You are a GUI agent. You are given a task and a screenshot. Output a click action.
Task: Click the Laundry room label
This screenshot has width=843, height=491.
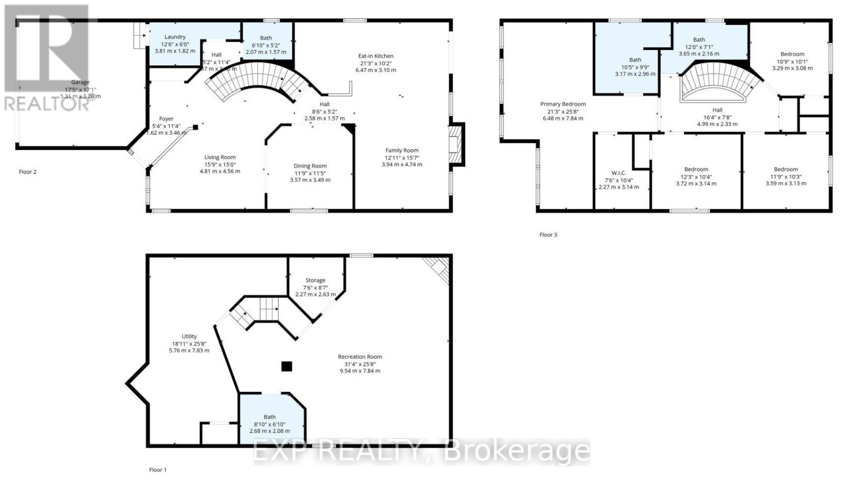(x=174, y=37)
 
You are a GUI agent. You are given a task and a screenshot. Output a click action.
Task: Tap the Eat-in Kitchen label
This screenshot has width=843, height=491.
(x=376, y=56)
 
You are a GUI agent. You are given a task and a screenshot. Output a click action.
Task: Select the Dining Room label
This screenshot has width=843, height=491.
(x=310, y=166)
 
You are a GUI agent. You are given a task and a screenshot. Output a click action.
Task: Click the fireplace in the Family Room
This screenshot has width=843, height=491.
(x=455, y=144)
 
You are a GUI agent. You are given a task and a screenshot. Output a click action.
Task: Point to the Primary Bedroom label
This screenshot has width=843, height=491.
(x=563, y=104)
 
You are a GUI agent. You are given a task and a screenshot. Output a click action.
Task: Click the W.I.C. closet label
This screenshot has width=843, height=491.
(x=619, y=173)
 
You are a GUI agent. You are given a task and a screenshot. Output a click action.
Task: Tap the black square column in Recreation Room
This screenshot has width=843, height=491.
(x=286, y=366)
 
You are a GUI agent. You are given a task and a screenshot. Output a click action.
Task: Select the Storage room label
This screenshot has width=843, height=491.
(x=315, y=280)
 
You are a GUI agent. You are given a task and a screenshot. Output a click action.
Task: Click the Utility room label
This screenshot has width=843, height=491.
(x=189, y=337)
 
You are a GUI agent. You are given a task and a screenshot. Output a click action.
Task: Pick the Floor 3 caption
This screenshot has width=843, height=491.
(x=548, y=235)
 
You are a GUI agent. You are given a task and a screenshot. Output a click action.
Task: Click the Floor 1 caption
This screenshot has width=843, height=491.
(x=158, y=470)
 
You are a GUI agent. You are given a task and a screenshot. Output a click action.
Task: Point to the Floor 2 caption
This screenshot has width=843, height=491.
(x=27, y=172)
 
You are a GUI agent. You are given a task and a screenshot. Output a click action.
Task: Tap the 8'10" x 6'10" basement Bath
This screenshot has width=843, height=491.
(x=269, y=424)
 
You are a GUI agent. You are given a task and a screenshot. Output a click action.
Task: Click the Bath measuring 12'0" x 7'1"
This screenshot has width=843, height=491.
(x=699, y=46)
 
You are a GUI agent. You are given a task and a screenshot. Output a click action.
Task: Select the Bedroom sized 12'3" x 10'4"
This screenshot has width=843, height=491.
(x=696, y=176)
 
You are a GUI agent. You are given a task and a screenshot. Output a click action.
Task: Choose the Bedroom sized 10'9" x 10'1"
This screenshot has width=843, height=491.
(x=792, y=61)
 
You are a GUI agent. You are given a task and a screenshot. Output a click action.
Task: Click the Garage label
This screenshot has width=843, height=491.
(x=81, y=82)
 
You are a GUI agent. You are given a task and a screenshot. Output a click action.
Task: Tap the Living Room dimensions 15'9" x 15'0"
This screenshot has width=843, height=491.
(x=220, y=164)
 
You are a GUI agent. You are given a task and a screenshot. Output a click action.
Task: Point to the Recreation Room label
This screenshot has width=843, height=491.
(x=360, y=357)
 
